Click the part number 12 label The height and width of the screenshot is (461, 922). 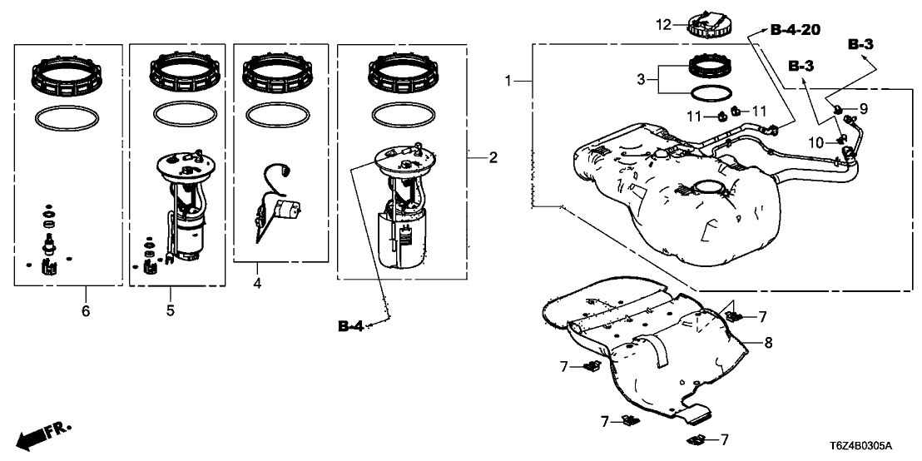662,25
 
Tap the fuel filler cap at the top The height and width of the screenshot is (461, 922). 710,23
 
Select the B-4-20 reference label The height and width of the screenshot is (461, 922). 795,30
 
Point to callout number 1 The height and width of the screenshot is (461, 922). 509,81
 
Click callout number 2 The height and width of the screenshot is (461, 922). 493,157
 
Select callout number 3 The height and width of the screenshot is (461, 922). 642,80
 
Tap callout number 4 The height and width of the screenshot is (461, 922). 257,284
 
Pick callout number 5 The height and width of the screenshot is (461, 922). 170,310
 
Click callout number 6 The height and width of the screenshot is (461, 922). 85,311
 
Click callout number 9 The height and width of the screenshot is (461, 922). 863,108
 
